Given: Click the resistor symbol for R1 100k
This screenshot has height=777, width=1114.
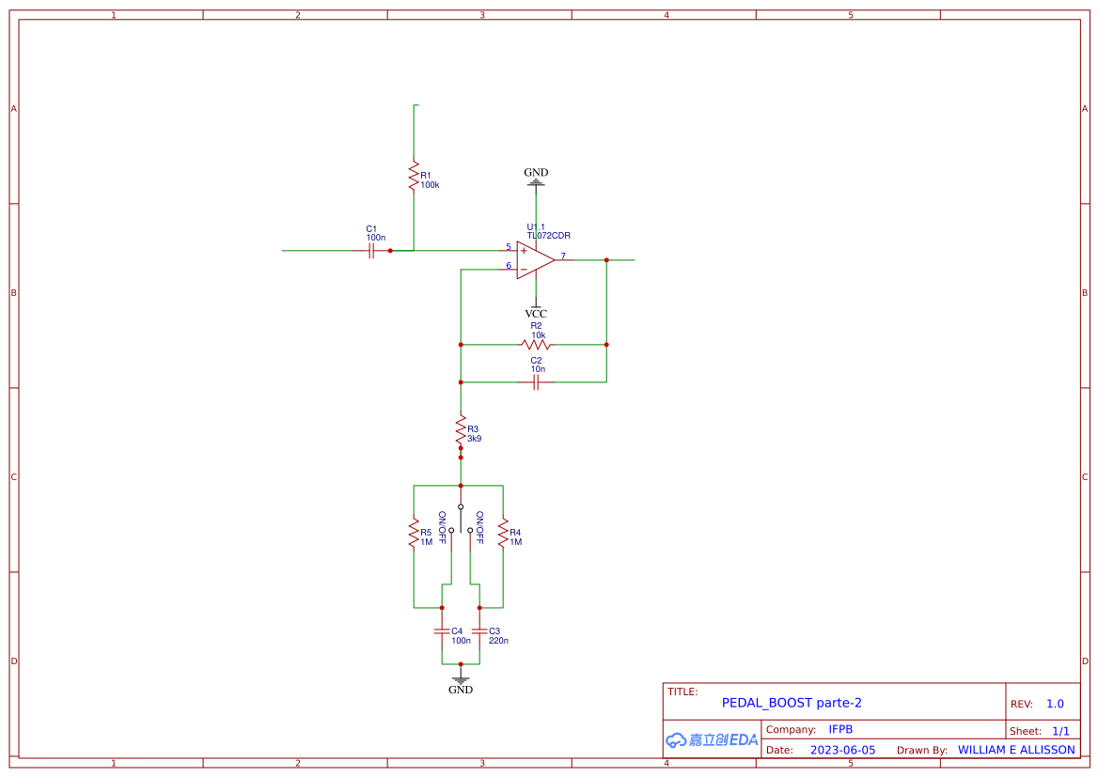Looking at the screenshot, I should (414, 176).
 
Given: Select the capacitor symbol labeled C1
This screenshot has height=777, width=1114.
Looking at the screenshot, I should (371, 251).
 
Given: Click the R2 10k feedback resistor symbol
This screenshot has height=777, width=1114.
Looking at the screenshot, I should (536, 345).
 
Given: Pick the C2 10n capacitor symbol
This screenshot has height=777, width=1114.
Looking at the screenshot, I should (536, 382).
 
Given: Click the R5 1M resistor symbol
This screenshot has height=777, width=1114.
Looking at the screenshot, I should (414, 533).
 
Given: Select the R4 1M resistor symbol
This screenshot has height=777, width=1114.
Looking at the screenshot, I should (503, 533).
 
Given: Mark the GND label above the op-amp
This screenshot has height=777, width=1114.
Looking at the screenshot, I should (536, 173).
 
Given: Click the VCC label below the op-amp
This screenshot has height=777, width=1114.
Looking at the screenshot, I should (536, 314).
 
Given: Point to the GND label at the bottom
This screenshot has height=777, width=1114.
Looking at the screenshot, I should (461, 690).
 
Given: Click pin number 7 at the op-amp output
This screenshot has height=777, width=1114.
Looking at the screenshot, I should (563, 256).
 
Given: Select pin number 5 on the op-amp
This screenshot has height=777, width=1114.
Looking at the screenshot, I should (509, 247).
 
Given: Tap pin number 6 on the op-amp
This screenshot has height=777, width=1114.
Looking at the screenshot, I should (509, 266).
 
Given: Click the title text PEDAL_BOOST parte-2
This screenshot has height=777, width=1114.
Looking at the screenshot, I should (792, 703).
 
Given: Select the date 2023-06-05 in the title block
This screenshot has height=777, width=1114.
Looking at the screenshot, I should (842, 750).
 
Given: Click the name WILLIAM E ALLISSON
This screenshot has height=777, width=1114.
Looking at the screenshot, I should (1016, 750).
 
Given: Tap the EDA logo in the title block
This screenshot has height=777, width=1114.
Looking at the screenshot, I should (712, 739).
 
